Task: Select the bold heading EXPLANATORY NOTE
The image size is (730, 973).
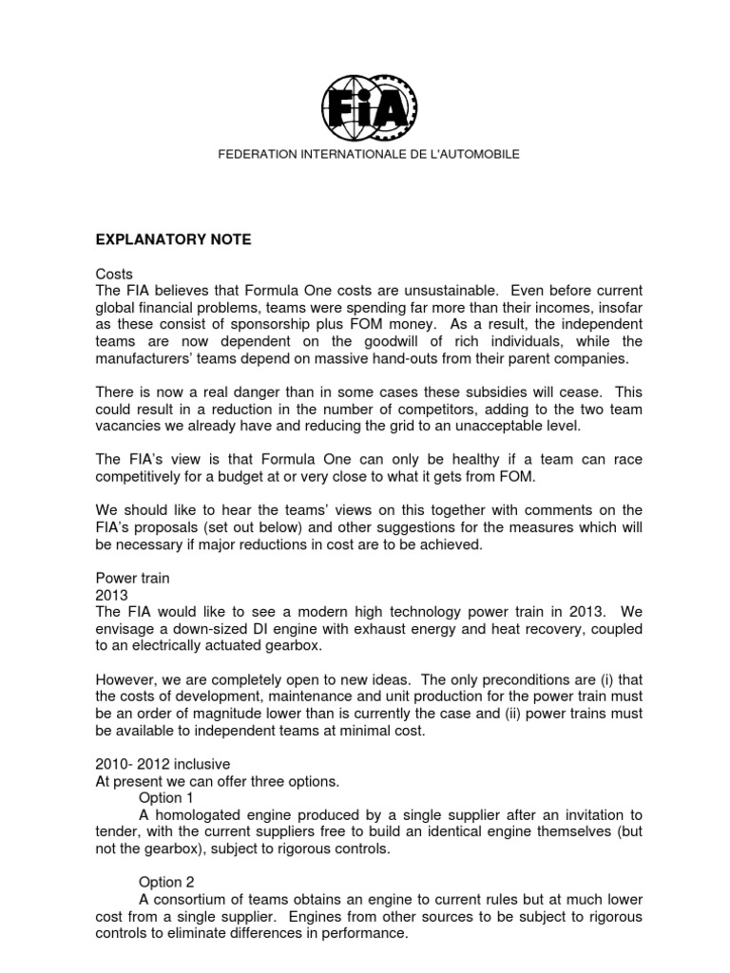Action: [170, 240]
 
